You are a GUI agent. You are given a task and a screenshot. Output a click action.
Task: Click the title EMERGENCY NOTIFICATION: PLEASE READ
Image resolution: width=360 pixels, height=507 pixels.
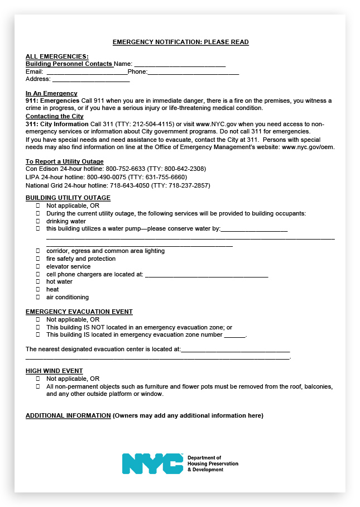pos(180,42)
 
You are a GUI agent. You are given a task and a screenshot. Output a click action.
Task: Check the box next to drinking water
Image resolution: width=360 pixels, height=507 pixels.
pos(39,221)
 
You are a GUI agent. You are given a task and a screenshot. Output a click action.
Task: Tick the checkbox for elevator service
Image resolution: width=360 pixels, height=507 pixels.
pos(39,266)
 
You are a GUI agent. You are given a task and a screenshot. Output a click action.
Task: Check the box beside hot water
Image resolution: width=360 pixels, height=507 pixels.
pos(39,282)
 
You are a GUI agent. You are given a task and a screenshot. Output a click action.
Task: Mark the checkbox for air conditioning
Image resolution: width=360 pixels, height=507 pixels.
pos(39,297)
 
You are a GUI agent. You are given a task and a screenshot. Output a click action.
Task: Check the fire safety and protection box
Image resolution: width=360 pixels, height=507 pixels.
pos(39,259)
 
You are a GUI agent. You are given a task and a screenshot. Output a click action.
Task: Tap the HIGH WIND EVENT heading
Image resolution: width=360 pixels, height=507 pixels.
pos(54,371)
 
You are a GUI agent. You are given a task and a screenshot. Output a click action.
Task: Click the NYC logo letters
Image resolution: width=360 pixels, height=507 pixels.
pos(152,463)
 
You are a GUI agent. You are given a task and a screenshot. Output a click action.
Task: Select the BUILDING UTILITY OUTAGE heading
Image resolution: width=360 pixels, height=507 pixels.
pos(68,198)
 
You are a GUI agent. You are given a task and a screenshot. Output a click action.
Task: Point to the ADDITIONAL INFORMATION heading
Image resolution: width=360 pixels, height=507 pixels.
pos(68,415)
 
